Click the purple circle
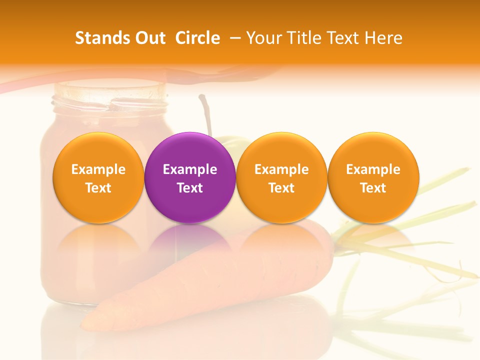(190, 178)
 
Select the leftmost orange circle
(98, 178)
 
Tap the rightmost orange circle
(373, 178)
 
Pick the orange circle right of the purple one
(281, 178)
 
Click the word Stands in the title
(100, 38)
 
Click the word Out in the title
(148, 38)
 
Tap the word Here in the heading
(383, 38)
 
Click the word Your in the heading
(263, 38)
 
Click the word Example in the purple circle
(190, 169)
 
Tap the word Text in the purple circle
(190, 188)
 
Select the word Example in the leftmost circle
(98, 169)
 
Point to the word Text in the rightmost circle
(373, 188)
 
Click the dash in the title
(233, 38)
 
